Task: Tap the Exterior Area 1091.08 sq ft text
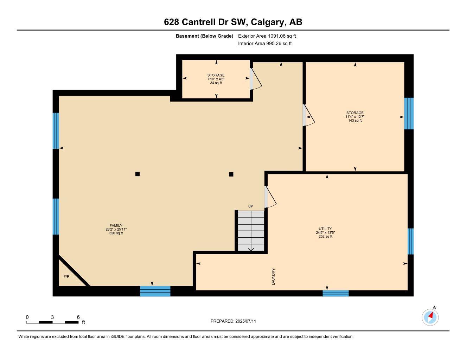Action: click(x=267, y=36)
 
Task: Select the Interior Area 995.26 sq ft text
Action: click(x=265, y=44)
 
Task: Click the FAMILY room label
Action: click(x=116, y=226)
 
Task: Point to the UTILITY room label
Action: click(x=325, y=229)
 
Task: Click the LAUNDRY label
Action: click(x=273, y=276)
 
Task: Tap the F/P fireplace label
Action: click(x=66, y=277)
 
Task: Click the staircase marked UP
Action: click(x=251, y=231)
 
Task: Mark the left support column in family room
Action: click(x=138, y=174)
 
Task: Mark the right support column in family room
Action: click(x=231, y=174)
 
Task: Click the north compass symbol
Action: click(x=430, y=317)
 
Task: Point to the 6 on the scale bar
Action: click(x=78, y=317)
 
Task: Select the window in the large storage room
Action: click(x=409, y=114)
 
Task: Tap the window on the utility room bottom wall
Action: click(x=336, y=293)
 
